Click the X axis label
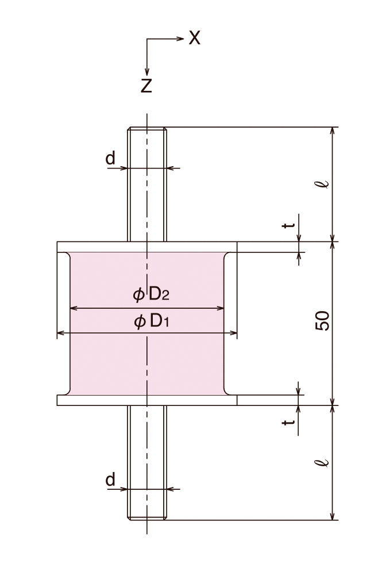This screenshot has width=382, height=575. (x=195, y=39)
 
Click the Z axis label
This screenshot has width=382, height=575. (x=146, y=86)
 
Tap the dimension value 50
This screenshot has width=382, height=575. (x=323, y=320)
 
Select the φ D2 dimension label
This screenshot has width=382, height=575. (x=151, y=296)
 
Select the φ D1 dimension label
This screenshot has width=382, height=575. (x=152, y=321)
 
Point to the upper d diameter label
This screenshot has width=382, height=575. (x=110, y=158)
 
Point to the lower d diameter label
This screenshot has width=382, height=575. (x=110, y=479)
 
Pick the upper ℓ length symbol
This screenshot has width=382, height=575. (x=324, y=183)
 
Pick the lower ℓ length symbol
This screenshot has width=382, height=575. (x=324, y=462)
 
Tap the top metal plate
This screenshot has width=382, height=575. (x=92, y=247)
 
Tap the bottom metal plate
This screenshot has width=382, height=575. (x=92, y=400)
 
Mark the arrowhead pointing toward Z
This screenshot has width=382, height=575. (x=147, y=71)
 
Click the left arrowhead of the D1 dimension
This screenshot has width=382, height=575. (x=60, y=333)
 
